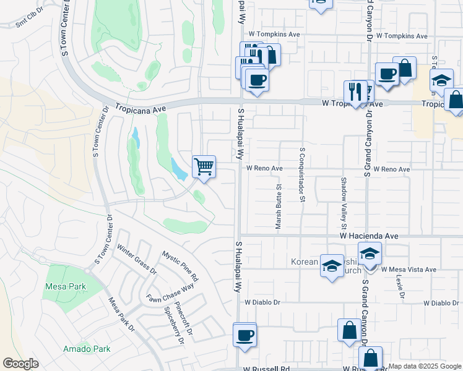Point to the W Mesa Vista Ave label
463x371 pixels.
click(x=409, y=270)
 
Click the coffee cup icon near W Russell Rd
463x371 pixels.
click(x=245, y=335)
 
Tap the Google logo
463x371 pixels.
click(x=20, y=364)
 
